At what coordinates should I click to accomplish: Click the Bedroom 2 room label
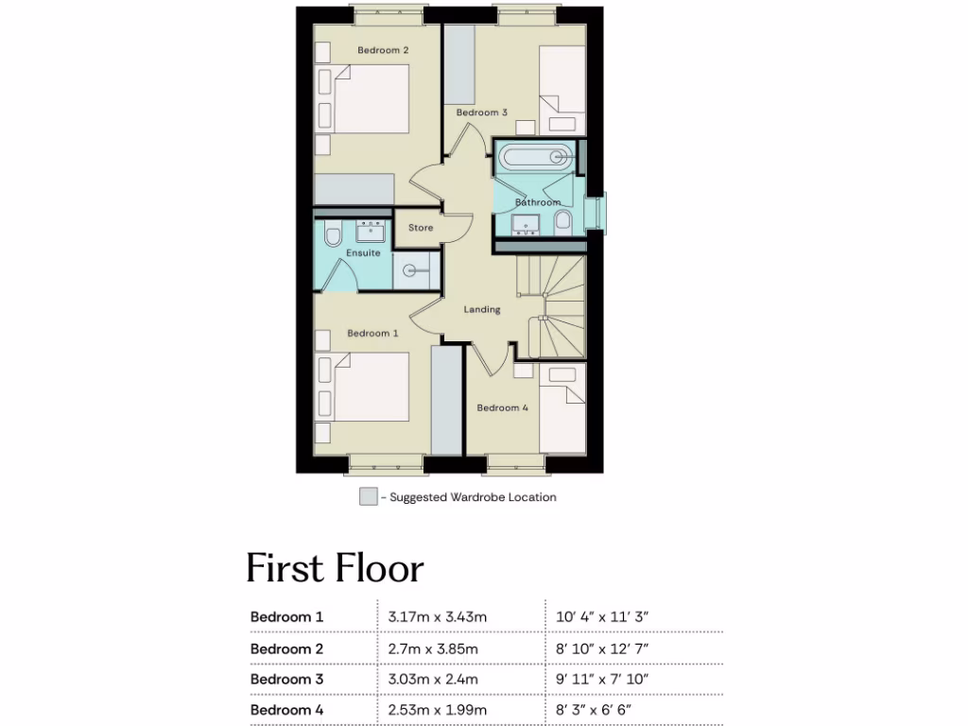[383, 50]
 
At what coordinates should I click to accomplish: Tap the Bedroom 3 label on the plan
[482, 112]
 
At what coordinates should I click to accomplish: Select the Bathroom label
[538, 202]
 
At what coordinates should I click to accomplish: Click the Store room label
[421, 228]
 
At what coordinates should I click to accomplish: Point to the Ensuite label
[363, 253]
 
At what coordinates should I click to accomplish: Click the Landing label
[482, 309]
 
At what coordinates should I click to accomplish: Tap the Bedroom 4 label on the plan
[502, 408]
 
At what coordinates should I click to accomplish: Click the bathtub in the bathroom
[535, 156]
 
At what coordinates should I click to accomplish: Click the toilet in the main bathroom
[563, 221]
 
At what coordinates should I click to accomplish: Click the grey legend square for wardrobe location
[368, 497]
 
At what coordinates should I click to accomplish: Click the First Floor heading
[335, 569]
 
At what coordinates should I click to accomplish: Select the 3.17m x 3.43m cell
[437, 617]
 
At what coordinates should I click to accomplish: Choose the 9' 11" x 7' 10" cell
[601, 680]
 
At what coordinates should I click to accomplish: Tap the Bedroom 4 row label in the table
[286, 710]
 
